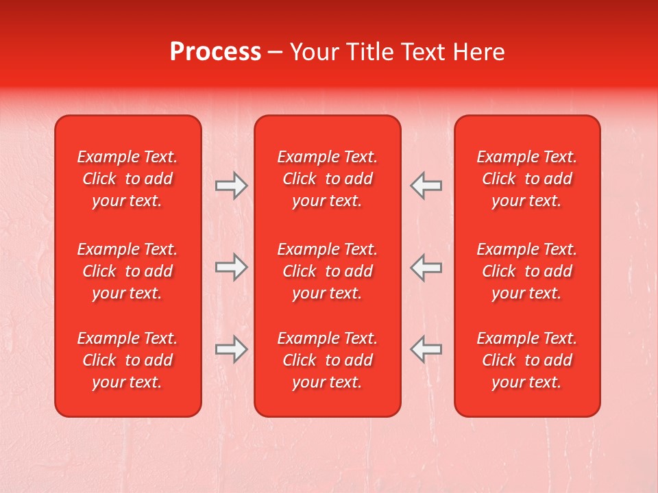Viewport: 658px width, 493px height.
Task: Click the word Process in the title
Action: [x=215, y=52]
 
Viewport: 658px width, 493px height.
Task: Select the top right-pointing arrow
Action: [x=231, y=186]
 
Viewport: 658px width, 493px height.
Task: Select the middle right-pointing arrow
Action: [x=231, y=267]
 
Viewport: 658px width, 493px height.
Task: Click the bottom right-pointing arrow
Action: [x=231, y=349]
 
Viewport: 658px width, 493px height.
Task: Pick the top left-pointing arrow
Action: [x=426, y=186]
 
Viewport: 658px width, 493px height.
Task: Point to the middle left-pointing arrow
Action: [x=426, y=267]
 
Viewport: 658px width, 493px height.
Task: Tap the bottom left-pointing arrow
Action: [x=426, y=349]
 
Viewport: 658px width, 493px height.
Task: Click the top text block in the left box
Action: [x=127, y=179]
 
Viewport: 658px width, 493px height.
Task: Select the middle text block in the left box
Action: [x=127, y=271]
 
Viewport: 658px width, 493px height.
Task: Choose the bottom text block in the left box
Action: [x=127, y=360]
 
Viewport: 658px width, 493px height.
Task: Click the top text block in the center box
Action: [x=328, y=179]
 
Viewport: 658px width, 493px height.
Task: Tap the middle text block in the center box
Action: [x=328, y=271]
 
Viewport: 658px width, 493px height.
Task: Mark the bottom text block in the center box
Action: [x=328, y=360]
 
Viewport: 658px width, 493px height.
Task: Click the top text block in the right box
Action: [x=527, y=179]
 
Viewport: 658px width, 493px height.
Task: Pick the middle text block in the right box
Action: [x=527, y=271]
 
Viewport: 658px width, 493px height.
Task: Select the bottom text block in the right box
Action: [x=527, y=360]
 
